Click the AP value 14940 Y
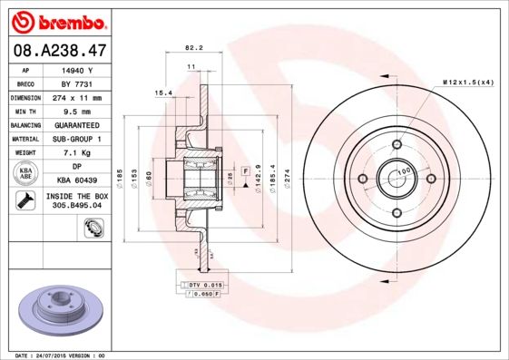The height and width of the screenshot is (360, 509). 78,69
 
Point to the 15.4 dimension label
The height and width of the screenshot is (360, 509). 163,92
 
